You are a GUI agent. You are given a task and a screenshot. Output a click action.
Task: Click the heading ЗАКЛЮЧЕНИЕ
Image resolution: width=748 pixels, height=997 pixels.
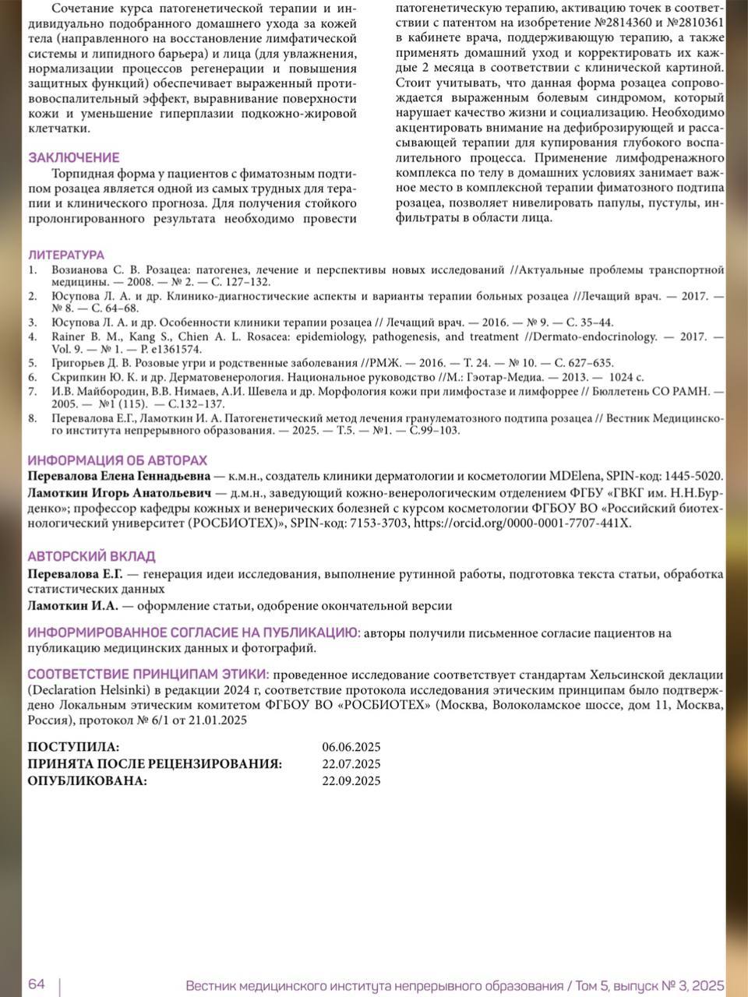click(x=74, y=157)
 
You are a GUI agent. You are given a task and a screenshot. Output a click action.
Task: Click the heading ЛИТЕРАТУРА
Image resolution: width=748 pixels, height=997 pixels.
click(x=65, y=255)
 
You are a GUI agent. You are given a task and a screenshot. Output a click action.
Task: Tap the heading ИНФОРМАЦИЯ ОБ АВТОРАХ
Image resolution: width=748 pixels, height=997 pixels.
click(x=118, y=460)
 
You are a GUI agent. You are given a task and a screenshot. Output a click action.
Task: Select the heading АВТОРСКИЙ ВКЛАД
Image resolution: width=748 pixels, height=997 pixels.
click(x=91, y=556)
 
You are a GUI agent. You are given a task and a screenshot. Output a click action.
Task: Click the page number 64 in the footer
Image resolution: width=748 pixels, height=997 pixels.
click(x=37, y=984)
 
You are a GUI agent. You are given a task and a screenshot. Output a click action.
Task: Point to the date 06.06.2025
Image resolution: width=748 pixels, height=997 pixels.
click(x=351, y=748)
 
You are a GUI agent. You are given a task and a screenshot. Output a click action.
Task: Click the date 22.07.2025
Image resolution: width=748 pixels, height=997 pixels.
click(x=351, y=764)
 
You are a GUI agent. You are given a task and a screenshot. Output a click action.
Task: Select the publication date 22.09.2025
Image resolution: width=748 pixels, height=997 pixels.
click(x=351, y=780)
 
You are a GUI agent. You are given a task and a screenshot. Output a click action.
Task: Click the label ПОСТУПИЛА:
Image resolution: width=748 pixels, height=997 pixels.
click(x=74, y=748)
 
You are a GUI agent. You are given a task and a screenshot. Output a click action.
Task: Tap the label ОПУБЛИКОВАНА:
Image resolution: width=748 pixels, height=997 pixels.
click(x=87, y=780)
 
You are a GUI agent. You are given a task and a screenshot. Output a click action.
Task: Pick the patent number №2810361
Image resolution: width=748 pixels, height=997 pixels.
click(x=693, y=22)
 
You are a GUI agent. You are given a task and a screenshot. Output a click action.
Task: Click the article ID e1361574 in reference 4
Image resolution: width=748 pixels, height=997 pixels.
click(x=178, y=350)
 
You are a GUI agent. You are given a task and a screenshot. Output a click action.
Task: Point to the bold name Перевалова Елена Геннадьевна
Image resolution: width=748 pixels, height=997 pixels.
click(x=118, y=476)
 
